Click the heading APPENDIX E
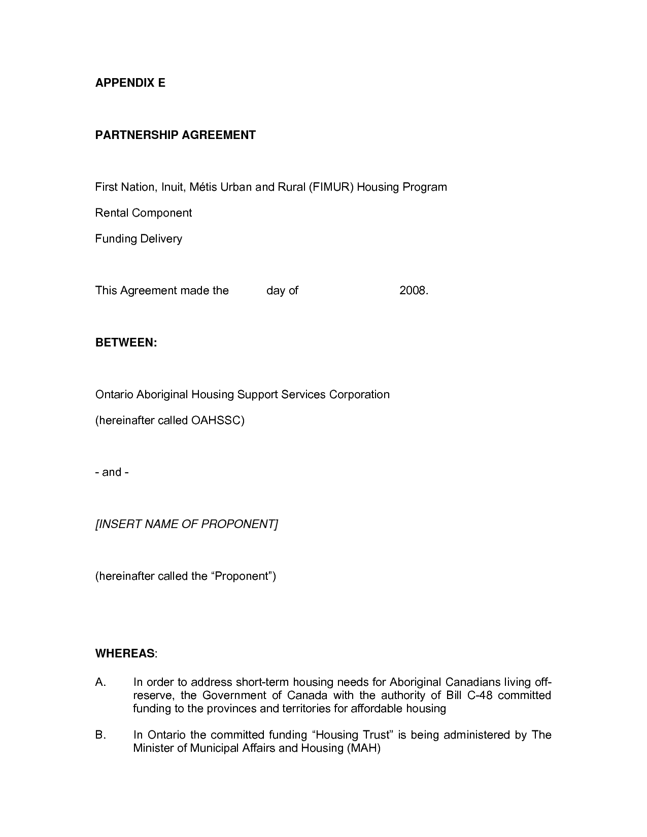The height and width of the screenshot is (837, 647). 130,83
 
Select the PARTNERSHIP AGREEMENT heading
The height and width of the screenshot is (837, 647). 176,135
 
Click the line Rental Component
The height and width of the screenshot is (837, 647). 144,213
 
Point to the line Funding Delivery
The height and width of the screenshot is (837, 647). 139,239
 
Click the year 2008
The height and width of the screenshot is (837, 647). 414,291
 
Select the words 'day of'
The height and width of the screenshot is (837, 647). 282,291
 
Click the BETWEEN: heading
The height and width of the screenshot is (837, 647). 126,343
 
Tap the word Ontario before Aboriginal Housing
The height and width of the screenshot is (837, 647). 114,395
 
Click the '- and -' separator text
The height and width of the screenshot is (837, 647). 112,472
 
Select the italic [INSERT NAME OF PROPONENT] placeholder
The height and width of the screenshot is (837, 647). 187,524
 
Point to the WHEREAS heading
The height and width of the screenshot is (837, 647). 125,654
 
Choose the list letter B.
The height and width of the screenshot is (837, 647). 100,735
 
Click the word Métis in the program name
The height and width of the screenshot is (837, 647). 205,187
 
